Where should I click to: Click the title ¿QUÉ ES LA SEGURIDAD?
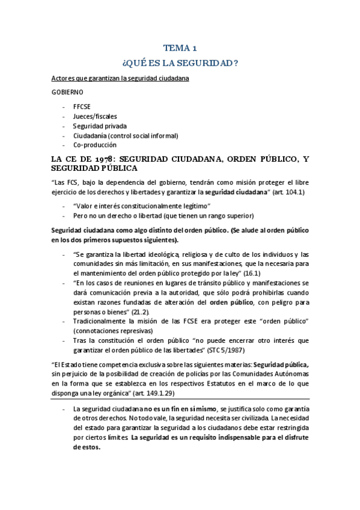[180, 63]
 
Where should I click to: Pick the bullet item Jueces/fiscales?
[95, 115]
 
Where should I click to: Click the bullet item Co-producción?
[95, 145]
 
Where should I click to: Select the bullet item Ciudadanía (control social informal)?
[126, 135]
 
